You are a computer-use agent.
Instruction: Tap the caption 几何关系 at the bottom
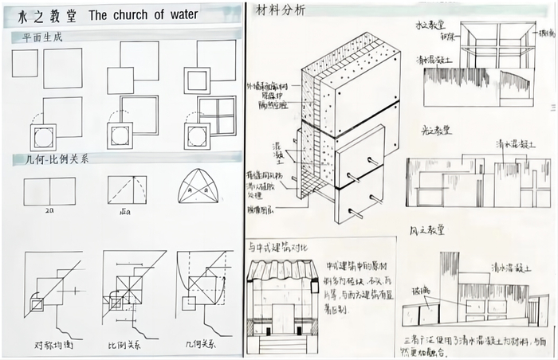pos(202,346)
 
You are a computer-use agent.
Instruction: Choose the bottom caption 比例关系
pos(125,346)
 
